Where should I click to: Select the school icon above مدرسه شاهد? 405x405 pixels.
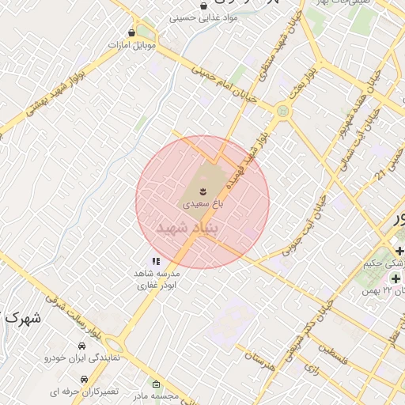pos(156,261)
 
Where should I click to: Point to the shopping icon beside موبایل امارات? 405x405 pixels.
pos(131,33)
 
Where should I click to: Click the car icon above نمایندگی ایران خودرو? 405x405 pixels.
pos(82,346)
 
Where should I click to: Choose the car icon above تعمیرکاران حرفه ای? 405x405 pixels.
pos(84,379)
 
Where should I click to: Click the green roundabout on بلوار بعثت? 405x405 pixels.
pos(282,112)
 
